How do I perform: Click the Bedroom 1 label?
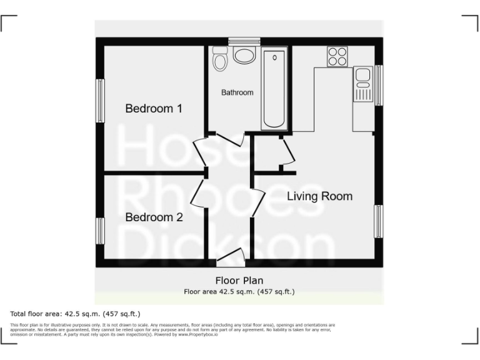tap(154, 109)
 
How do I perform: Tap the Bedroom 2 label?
tap(154, 217)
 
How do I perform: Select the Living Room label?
tap(319, 196)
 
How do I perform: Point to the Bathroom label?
tap(237, 92)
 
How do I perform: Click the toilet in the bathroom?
tap(219, 59)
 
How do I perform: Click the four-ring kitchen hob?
tap(337, 57)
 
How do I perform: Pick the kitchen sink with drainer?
tap(362, 86)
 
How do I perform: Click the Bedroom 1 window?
tap(99, 99)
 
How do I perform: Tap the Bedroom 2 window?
tap(99, 231)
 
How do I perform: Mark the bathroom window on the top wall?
tap(244, 41)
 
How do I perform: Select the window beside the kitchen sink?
tap(378, 85)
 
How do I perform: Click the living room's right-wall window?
tap(378, 221)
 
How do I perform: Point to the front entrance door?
tap(229, 257)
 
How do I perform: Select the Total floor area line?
tap(75, 313)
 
